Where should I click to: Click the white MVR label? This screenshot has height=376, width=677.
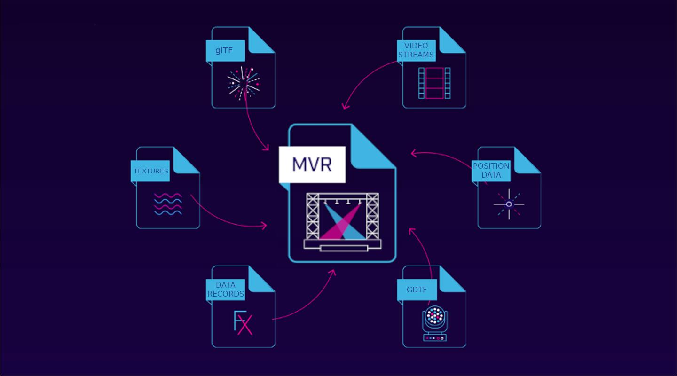pos(312,164)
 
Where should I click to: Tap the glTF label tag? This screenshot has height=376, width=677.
pos(225,51)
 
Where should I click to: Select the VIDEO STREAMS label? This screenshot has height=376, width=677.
pos(416,51)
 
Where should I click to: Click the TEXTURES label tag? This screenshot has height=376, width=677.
pos(150,171)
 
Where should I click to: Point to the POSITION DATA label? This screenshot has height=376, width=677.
pos(491,171)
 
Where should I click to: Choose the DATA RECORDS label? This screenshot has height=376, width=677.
pos(226,290)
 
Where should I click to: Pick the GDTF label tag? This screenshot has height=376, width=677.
pos(417,290)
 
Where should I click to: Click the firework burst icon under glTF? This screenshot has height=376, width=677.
pos(243,83)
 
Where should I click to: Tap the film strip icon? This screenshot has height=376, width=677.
pos(434,83)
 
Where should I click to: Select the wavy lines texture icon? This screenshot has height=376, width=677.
pos(168,204)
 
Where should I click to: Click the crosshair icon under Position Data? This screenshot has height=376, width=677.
pos(509,204)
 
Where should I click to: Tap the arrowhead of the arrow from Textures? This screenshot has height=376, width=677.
pos(265,226)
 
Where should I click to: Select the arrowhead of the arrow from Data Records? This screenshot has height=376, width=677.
pos(333,272)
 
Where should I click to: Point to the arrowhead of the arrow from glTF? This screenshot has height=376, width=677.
pos(266,149)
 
